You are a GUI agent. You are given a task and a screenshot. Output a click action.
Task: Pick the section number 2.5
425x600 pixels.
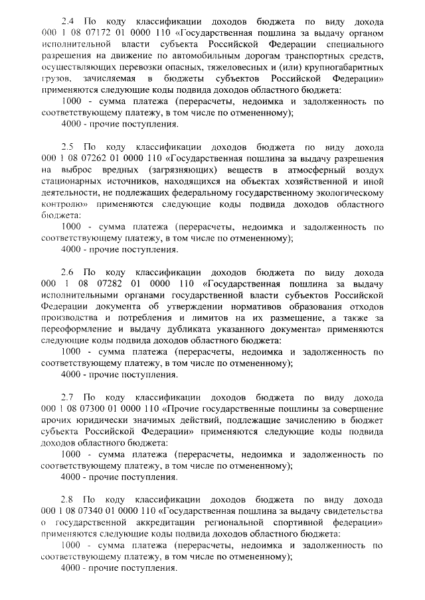(x=68, y=147)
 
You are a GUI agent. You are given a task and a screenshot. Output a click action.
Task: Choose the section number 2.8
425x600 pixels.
(x=68, y=499)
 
